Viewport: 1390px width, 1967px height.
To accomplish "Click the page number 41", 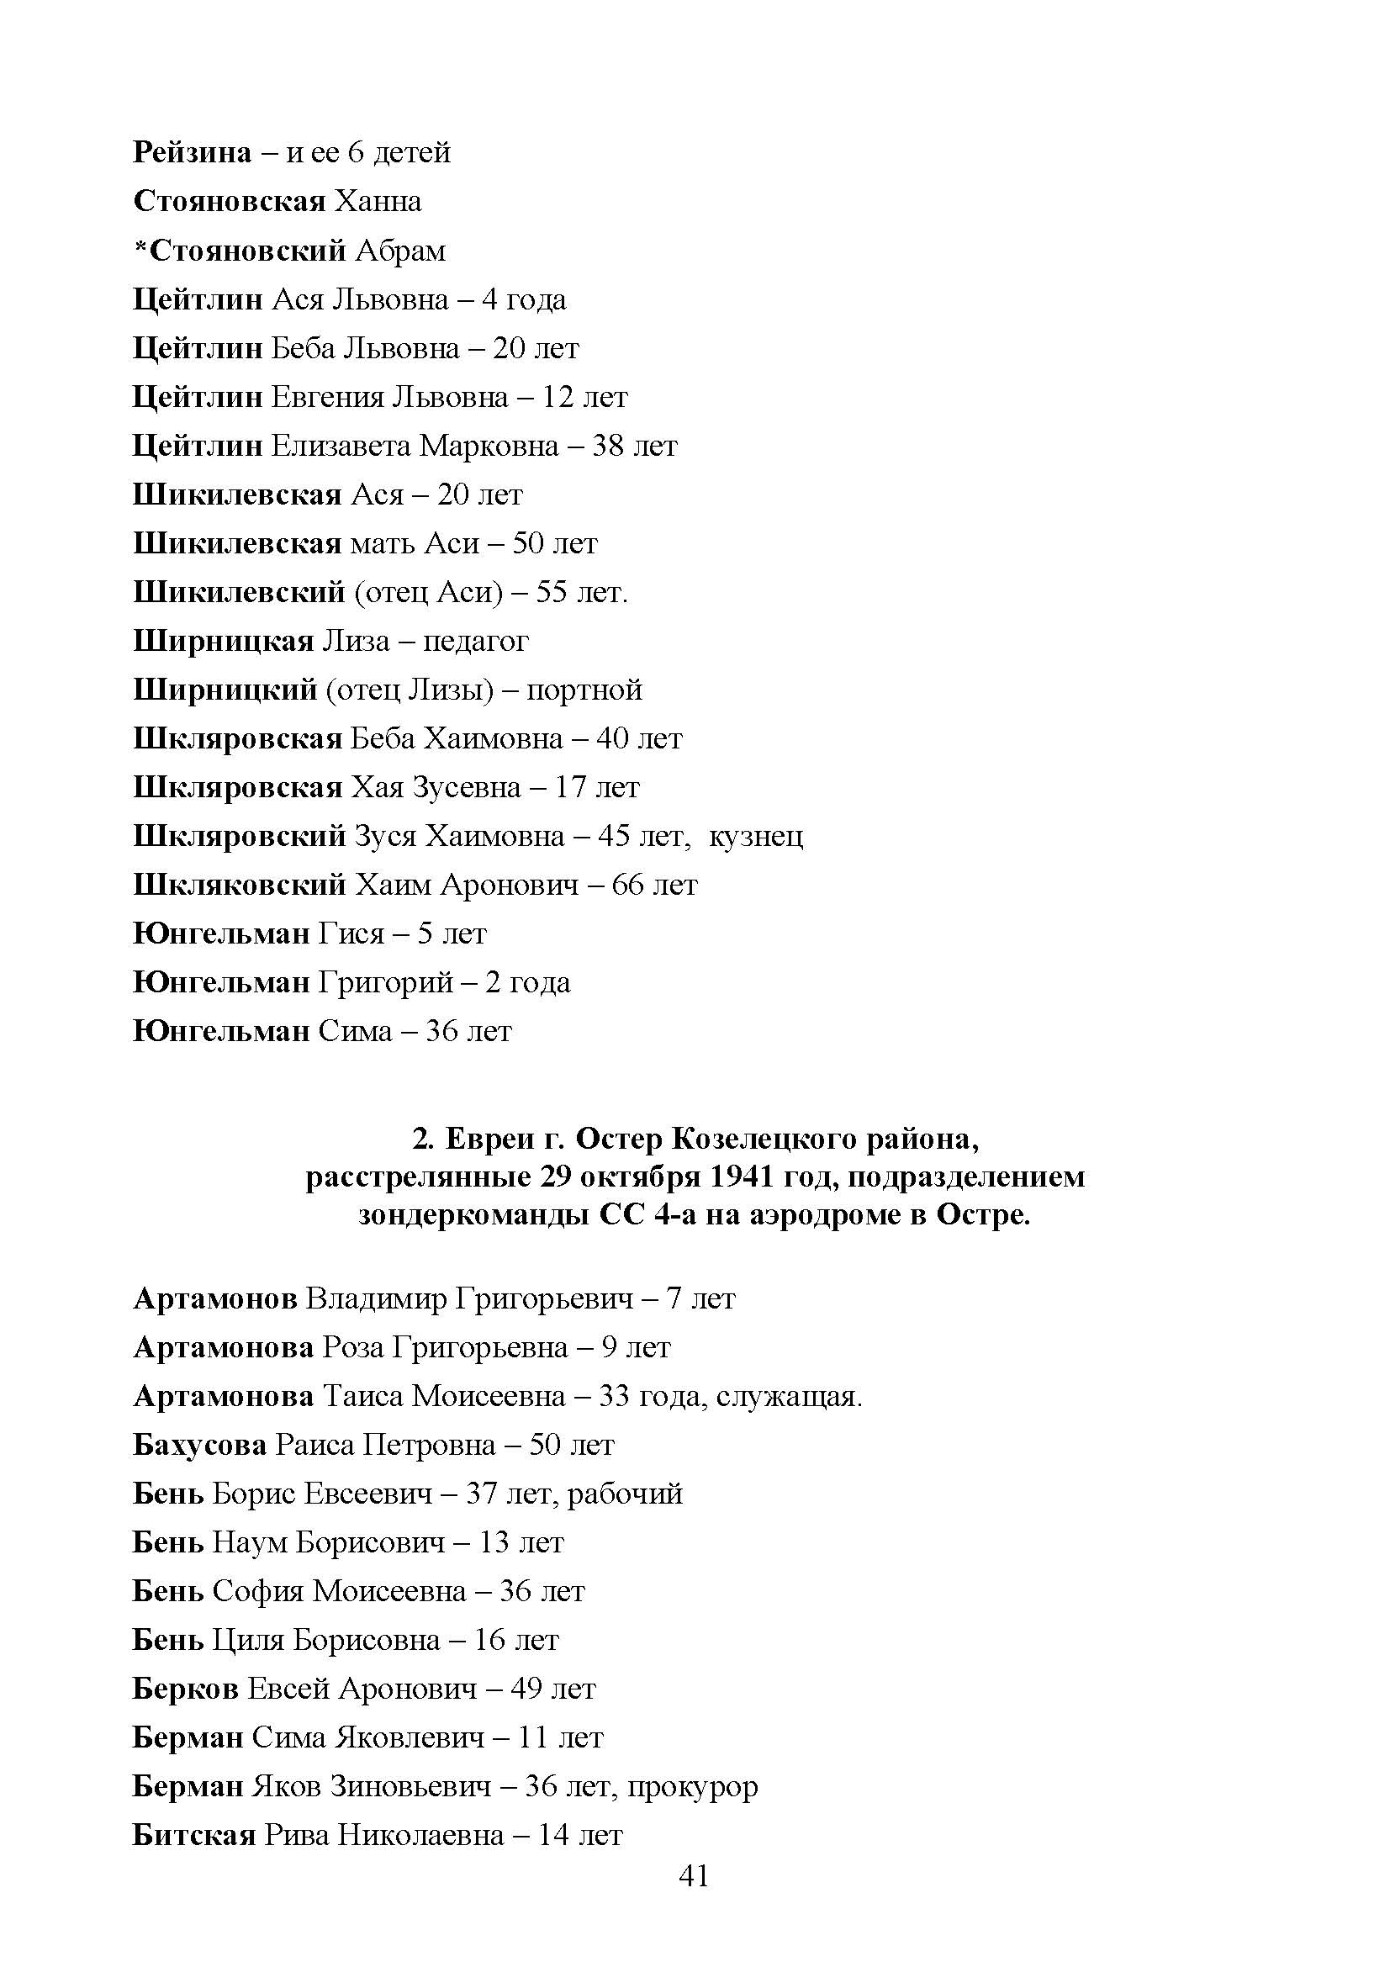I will [x=694, y=1876].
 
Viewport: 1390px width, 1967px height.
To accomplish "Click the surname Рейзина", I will [x=193, y=152].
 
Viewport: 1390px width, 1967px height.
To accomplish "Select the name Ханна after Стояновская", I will [x=378, y=201].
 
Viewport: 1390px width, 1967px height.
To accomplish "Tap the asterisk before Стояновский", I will [x=141, y=248].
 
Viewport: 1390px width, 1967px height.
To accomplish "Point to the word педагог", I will [x=475, y=642].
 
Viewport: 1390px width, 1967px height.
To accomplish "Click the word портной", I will [x=584, y=690].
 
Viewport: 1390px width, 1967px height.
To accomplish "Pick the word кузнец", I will [x=757, y=836].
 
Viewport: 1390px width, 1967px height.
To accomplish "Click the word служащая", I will [x=788, y=1398].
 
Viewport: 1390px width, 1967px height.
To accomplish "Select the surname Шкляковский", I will [x=240, y=885].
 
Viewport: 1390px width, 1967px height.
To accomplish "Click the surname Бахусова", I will [x=200, y=1446].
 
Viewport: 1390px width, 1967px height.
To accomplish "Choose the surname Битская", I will [x=194, y=1835].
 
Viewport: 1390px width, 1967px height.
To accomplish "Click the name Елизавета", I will [x=341, y=447].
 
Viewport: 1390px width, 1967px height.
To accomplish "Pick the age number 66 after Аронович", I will [x=628, y=885].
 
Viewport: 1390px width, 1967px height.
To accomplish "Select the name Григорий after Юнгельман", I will [x=385, y=982].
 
